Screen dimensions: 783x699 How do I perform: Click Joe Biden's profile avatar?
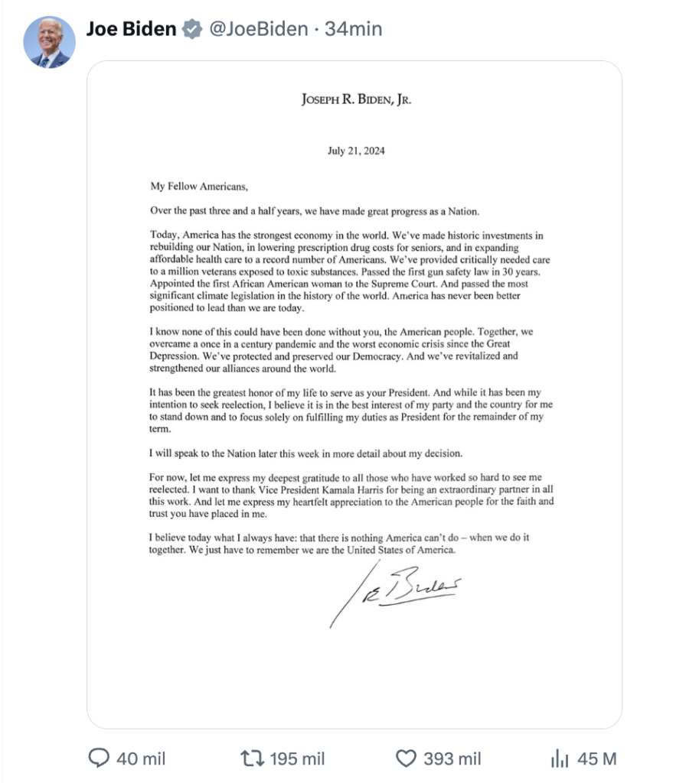pos(50,42)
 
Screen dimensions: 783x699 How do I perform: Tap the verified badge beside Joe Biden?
pos(191,30)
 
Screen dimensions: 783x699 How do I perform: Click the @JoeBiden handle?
pos(255,30)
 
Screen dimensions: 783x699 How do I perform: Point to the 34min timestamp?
pos(353,30)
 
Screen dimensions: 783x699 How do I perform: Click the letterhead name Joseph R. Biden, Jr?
pos(356,99)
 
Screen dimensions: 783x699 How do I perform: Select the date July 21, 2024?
pos(356,151)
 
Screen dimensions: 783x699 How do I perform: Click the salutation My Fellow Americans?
pos(199,185)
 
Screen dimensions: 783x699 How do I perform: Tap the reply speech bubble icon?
pos(100,759)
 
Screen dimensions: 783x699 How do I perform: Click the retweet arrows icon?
pos(251,759)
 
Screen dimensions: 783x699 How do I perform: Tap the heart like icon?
pos(406,759)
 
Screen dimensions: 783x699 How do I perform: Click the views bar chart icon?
pos(559,759)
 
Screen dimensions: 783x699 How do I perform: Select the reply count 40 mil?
pos(141,759)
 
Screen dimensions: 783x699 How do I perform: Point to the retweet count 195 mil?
pos(297,759)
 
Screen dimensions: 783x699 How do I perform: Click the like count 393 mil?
pos(452,759)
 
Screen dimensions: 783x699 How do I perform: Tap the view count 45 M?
pos(597,759)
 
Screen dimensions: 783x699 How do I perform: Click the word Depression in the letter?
pos(175,356)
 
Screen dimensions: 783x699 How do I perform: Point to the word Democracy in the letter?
pos(360,356)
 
